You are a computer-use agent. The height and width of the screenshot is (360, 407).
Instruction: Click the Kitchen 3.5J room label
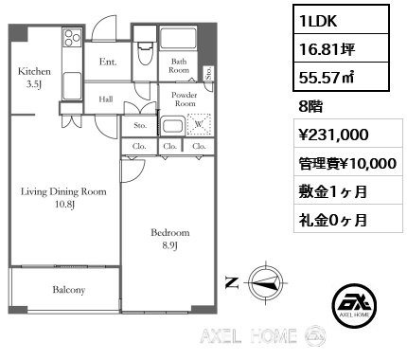point(34,78)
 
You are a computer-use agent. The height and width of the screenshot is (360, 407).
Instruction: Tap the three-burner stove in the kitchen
point(72,38)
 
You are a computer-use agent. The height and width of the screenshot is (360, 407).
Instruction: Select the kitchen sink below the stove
point(72,86)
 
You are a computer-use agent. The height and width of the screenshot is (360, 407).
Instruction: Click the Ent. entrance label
point(108,62)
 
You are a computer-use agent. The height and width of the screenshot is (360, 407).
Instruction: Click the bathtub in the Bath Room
point(178,39)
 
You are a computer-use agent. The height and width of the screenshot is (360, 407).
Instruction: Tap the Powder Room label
point(185,99)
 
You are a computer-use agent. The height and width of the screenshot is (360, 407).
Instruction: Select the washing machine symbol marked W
point(199,124)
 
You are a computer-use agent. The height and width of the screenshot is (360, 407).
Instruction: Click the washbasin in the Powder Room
point(172,126)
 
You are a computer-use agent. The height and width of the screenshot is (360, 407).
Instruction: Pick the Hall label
point(106,99)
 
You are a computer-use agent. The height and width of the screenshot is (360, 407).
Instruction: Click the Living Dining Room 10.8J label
point(63,198)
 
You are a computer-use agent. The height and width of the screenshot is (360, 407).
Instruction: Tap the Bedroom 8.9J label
point(170,239)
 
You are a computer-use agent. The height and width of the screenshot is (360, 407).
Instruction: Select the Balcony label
point(69,290)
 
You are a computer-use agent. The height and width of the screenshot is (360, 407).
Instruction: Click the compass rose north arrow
point(267,282)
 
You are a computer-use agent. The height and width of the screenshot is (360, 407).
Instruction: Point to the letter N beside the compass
point(232,282)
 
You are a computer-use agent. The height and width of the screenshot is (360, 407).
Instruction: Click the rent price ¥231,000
point(333,135)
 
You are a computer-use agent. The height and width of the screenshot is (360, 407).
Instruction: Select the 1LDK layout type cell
point(341,20)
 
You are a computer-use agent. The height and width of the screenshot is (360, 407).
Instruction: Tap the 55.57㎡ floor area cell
point(341,77)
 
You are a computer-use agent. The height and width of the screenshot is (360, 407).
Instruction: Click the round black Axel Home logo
point(354,305)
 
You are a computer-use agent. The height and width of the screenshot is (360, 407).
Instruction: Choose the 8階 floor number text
point(310,106)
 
